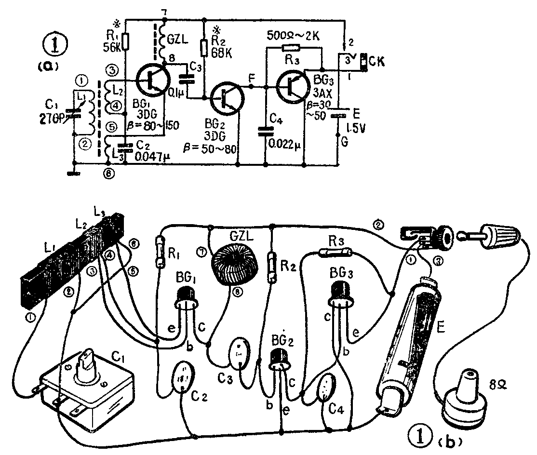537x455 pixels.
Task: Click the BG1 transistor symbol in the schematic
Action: (151, 80)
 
